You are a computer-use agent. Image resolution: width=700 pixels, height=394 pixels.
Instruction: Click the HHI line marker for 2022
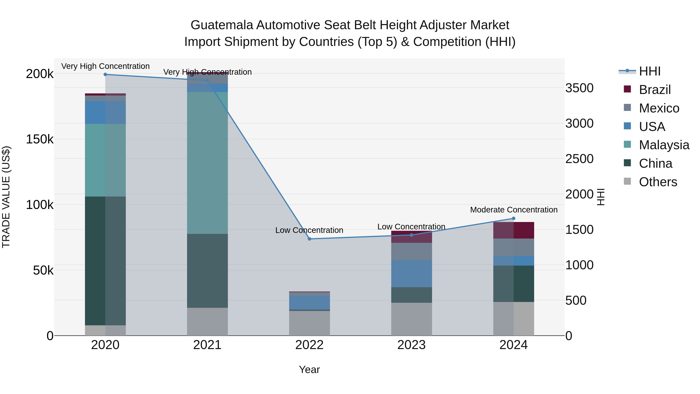[309, 239]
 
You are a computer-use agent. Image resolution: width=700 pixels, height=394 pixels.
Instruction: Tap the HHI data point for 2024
[514, 218]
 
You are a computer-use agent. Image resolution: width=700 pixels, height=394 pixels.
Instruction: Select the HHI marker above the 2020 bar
[105, 75]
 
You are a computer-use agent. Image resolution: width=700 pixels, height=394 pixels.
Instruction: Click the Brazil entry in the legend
[655, 90]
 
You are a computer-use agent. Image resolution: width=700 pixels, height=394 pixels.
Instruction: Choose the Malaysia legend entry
[664, 145]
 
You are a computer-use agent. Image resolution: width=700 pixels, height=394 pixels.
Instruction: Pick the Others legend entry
[658, 182]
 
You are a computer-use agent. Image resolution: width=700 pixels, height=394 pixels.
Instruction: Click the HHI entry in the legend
[649, 71]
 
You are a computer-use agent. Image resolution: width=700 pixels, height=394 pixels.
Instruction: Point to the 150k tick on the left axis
[40, 139]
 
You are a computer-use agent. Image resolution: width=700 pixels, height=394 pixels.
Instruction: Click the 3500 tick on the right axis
[579, 88]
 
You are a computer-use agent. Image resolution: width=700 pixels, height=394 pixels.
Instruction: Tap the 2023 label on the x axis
[411, 345]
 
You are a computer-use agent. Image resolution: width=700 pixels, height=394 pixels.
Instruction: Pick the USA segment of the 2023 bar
[411, 274]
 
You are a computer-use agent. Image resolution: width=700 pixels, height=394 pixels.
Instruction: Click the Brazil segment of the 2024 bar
[514, 230]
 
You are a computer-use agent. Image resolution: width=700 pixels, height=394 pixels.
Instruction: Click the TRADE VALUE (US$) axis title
[6, 197]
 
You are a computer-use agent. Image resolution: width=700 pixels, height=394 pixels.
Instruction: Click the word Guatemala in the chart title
[222, 25]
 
